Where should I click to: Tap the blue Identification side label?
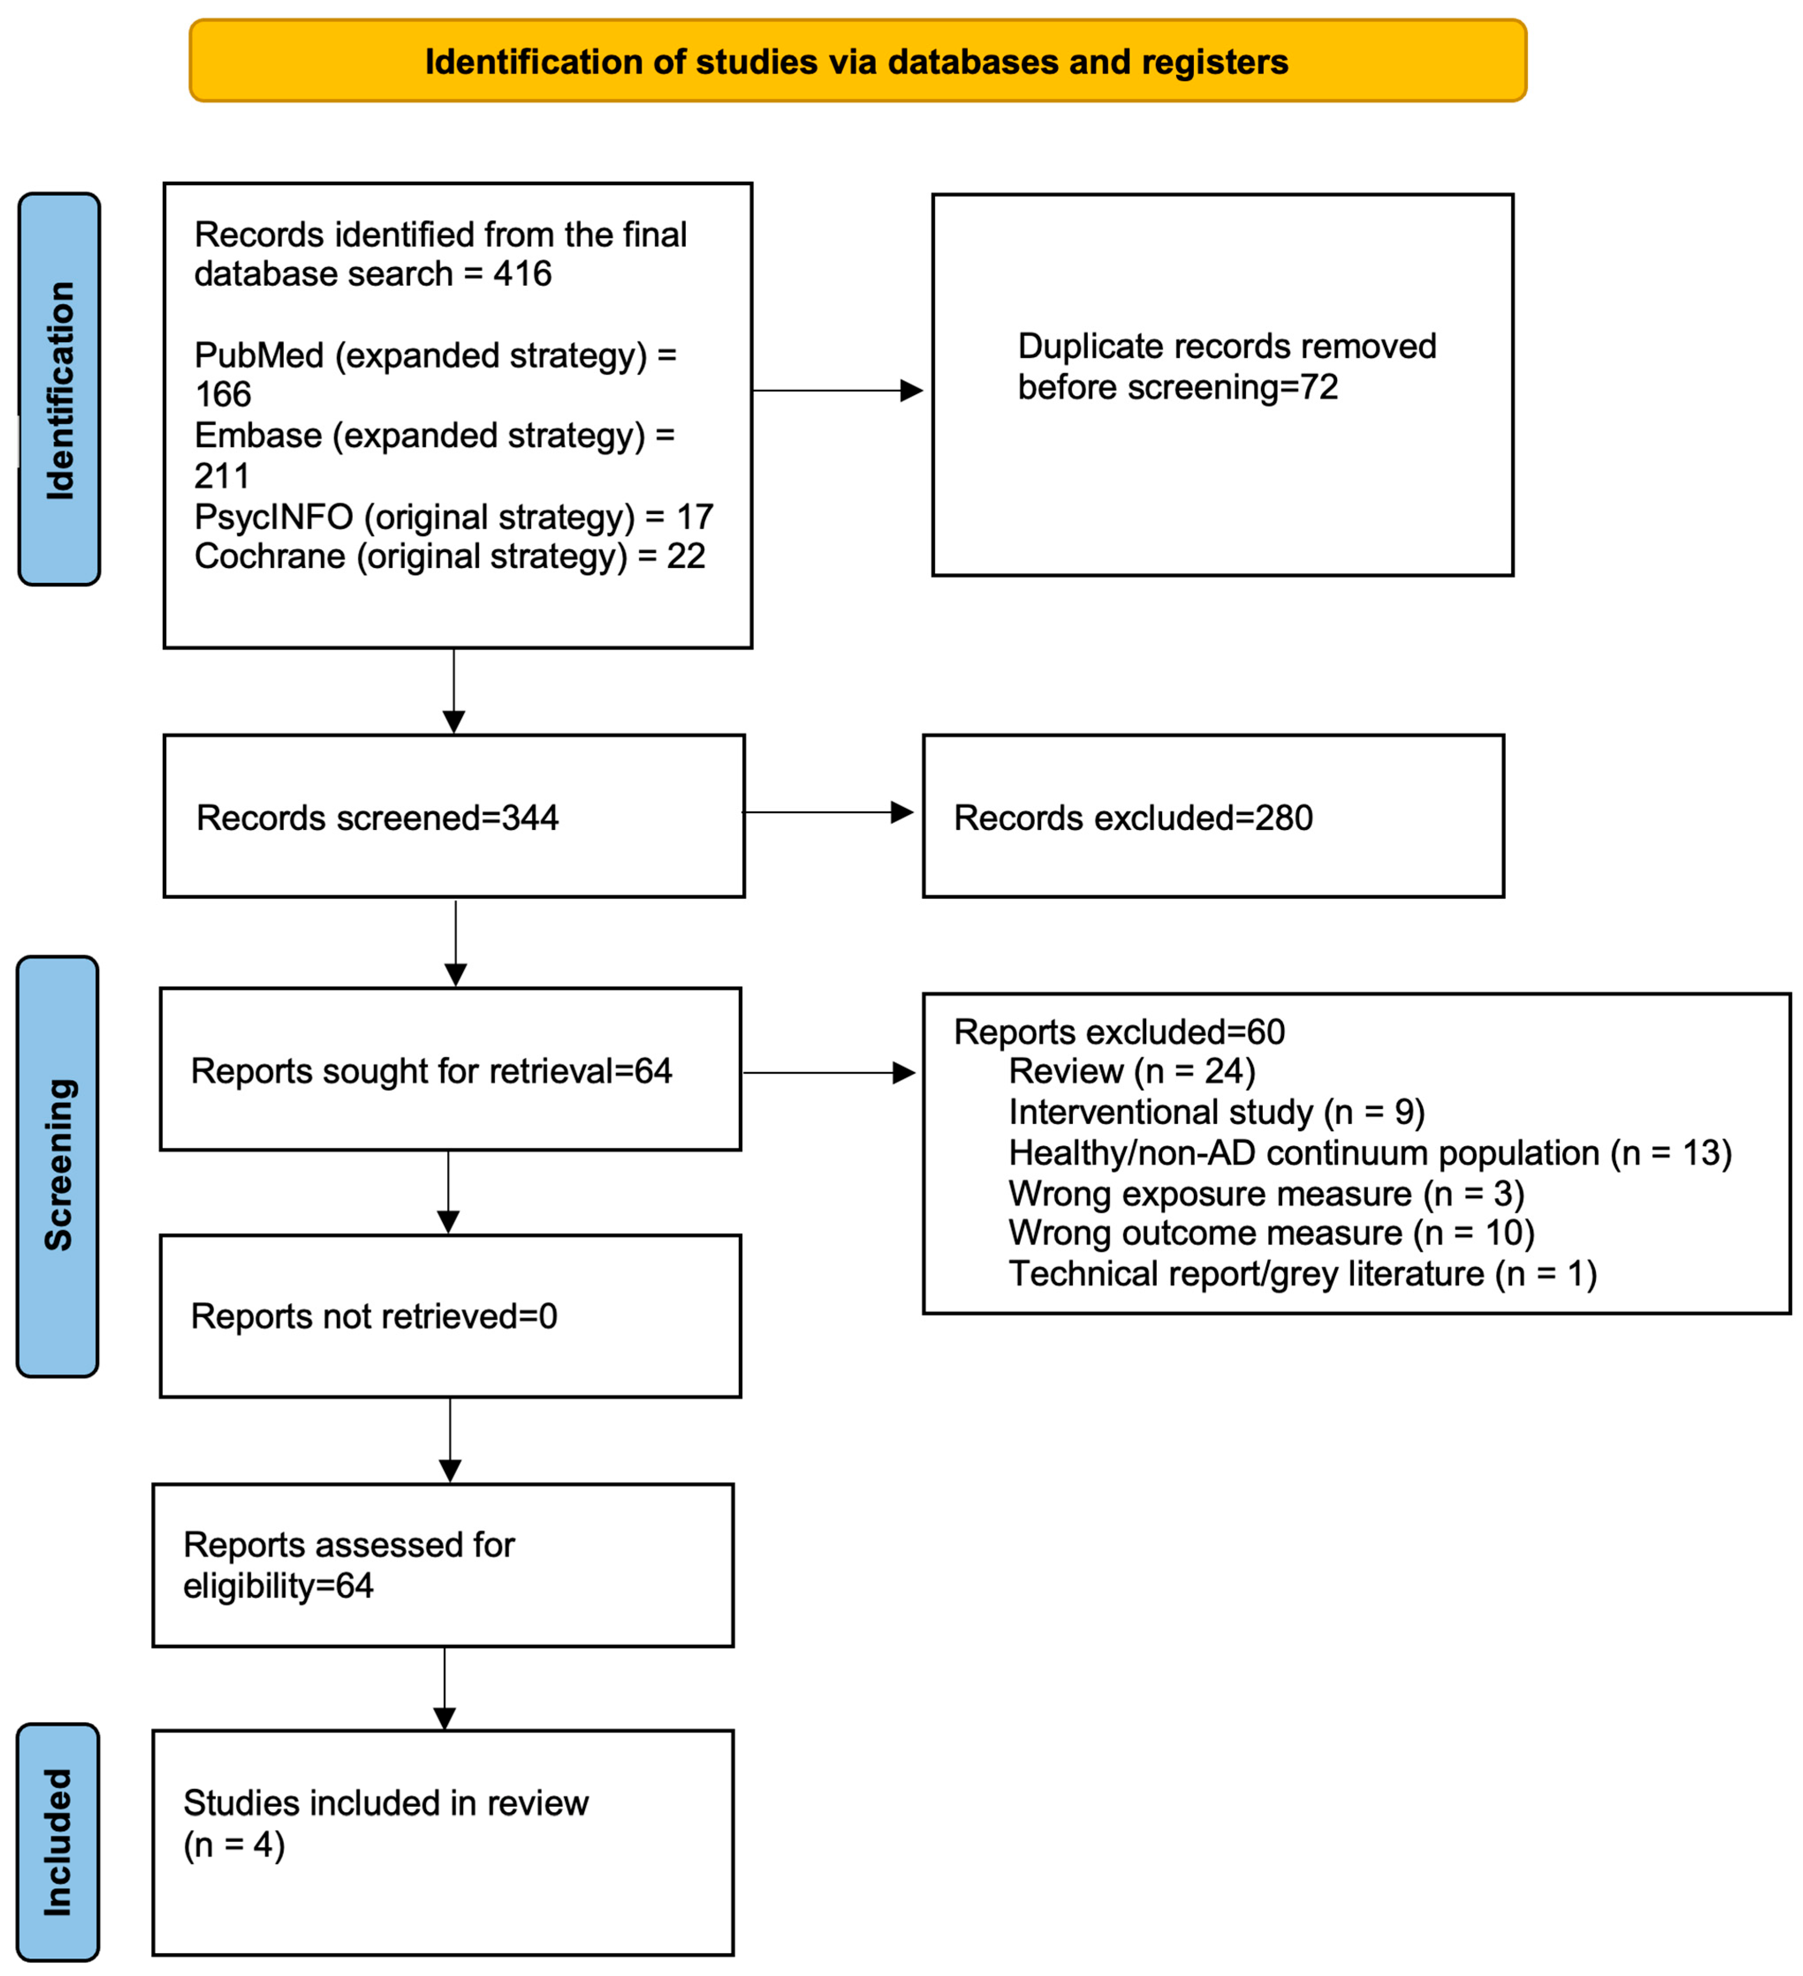point(59,389)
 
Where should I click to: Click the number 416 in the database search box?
point(523,273)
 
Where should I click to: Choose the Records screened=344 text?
point(378,818)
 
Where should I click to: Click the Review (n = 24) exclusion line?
point(1133,1071)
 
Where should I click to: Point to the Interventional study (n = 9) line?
point(1217,1113)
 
